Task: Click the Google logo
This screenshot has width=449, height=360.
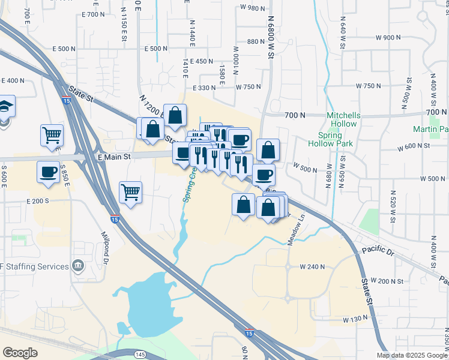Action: tap(20, 352)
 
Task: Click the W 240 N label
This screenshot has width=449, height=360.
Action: tap(312, 266)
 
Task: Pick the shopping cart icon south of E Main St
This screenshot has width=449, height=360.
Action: tap(130, 192)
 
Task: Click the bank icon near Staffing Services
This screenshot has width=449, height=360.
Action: tap(78, 266)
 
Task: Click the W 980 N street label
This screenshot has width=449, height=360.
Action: tap(252, 8)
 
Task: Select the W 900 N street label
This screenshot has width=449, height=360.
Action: tap(388, 37)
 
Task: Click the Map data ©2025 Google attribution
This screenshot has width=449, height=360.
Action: tap(411, 355)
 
